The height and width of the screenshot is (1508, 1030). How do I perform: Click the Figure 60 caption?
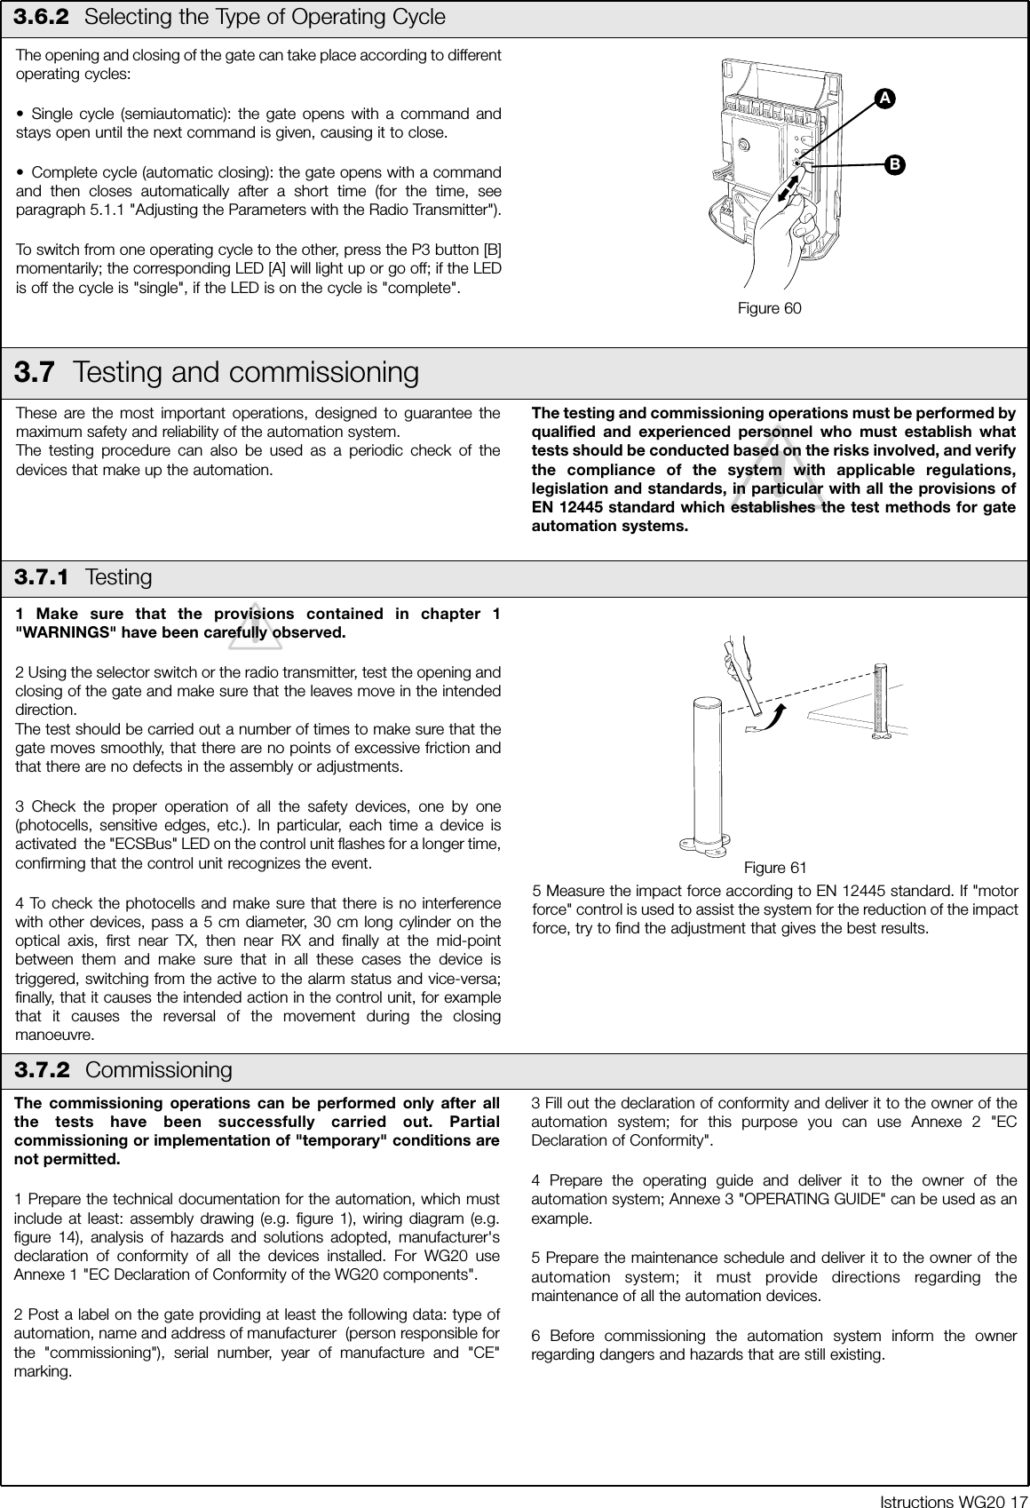(x=769, y=309)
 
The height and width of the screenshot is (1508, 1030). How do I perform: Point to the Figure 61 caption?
(x=774, y=868)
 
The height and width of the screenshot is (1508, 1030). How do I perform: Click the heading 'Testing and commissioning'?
(x=246, y=372)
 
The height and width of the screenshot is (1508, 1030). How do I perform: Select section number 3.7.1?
(x=42, y=578)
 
